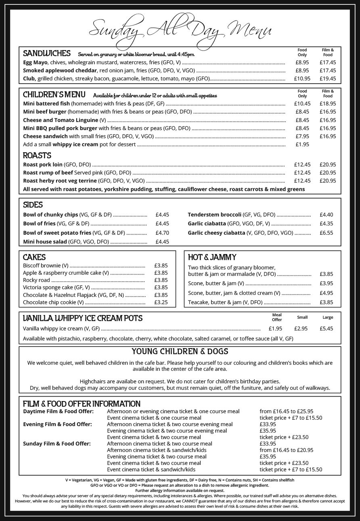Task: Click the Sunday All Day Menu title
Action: (180, 29)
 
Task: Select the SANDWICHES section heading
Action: (47, 53)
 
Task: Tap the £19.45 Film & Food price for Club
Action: (327, 79)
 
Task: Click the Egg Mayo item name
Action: (36, 63)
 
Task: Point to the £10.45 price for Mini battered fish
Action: (302, 104)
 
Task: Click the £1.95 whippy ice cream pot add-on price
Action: (302, 144)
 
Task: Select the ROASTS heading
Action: (37, 155)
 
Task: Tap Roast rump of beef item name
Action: (48, 173)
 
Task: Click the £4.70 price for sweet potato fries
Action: (162, 233)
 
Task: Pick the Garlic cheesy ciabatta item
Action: (216, 233)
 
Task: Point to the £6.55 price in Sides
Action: (326, 233)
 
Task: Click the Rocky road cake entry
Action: (36, 280)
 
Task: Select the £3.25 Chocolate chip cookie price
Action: (161, 302)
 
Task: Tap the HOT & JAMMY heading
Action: (212, 257)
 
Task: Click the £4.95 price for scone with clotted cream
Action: (326, 293)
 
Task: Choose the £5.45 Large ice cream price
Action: (326, 328)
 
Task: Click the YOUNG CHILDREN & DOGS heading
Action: (180, 351)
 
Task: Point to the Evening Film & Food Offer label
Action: (57, 424)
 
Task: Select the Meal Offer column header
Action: (277, 317)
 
